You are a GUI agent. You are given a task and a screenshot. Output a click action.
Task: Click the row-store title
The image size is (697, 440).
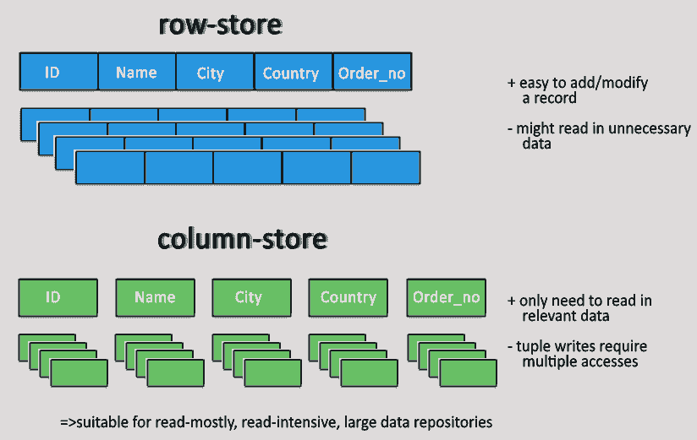(220, 25)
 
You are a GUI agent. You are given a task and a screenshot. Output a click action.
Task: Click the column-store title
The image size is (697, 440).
(242, 240)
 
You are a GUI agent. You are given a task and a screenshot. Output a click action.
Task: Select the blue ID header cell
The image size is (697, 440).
(58, 73)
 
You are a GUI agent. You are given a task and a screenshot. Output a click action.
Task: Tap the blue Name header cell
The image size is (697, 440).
(136, 73)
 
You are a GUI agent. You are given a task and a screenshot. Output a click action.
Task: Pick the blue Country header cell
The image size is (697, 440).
(292, 73)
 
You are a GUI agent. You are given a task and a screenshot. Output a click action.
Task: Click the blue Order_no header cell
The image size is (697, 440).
(372, 73)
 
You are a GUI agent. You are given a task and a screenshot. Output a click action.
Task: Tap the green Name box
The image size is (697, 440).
(155, 297)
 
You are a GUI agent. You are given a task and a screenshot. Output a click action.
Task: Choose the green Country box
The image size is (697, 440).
(348, 297)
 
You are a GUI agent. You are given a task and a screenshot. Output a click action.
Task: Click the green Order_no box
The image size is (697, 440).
(446, 297)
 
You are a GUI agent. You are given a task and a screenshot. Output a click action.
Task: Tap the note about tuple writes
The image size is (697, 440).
(578, 354)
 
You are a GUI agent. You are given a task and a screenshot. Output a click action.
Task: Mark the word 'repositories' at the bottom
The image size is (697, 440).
(456, 421)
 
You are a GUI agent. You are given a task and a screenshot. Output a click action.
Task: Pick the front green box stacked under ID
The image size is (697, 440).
(79, 372)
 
